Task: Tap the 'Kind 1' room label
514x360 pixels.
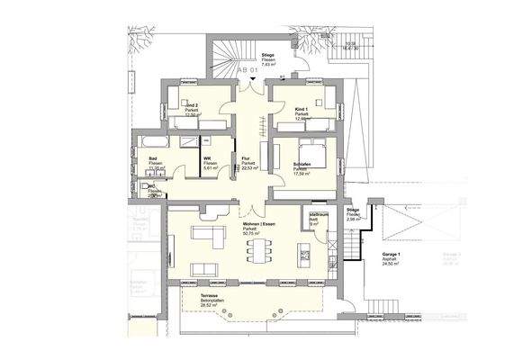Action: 301,109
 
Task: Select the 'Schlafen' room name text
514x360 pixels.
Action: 303,165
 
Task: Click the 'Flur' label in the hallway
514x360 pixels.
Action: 246,157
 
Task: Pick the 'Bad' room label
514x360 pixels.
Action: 154,157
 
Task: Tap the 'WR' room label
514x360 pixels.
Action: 206,157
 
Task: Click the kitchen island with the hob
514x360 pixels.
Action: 310,248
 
